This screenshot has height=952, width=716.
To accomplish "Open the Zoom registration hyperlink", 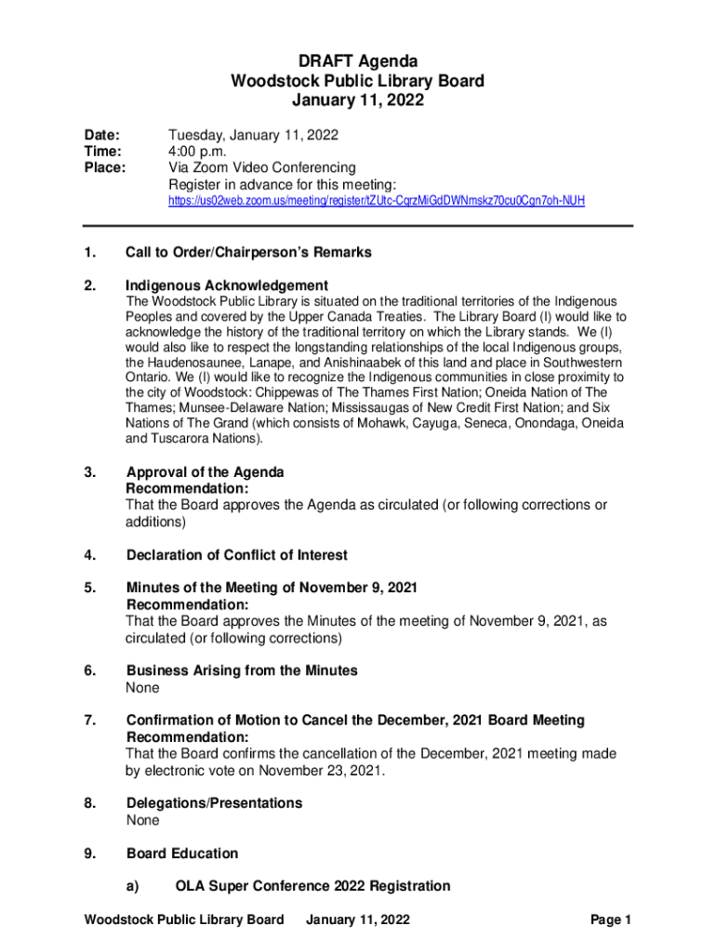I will (x=376, y=201).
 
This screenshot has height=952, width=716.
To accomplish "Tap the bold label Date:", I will (x=102, y=135).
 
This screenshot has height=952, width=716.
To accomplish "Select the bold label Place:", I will (x=106, y=168).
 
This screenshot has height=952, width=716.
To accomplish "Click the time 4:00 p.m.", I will (x=197, y=152).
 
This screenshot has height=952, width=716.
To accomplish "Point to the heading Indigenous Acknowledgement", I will (x=227, y=285).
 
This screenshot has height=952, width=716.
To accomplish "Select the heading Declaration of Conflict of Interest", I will (x=236, y=555).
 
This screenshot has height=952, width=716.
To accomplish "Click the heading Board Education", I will (x=182, y=853).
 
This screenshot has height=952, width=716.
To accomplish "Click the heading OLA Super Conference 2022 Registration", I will (x=312, y=886).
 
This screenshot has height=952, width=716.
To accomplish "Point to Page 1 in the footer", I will (x=611, y=920).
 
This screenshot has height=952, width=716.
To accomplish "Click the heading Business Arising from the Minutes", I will (x=242, y=670).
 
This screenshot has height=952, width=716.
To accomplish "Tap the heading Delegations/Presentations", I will (x=214, y=802).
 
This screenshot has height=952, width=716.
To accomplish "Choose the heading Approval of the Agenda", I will (x=205, y=472).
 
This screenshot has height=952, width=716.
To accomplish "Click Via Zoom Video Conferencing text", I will (x=261, y=168).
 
